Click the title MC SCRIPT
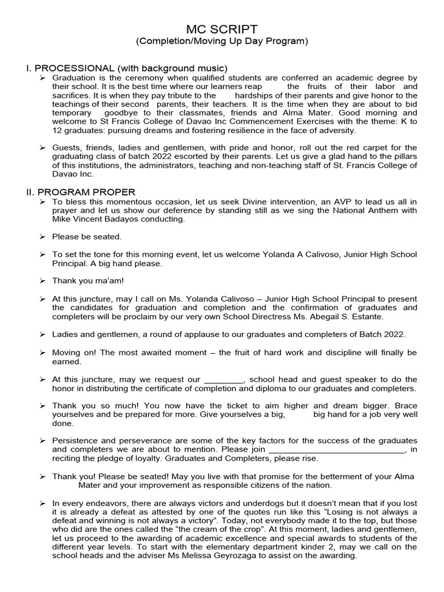[x=222, y=29]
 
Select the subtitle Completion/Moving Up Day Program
[x=222, y=42]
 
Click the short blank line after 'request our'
[x=224, y=380]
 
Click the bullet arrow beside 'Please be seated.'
[x=42, y=237]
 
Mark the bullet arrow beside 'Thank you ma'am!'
[x=42, y=281]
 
